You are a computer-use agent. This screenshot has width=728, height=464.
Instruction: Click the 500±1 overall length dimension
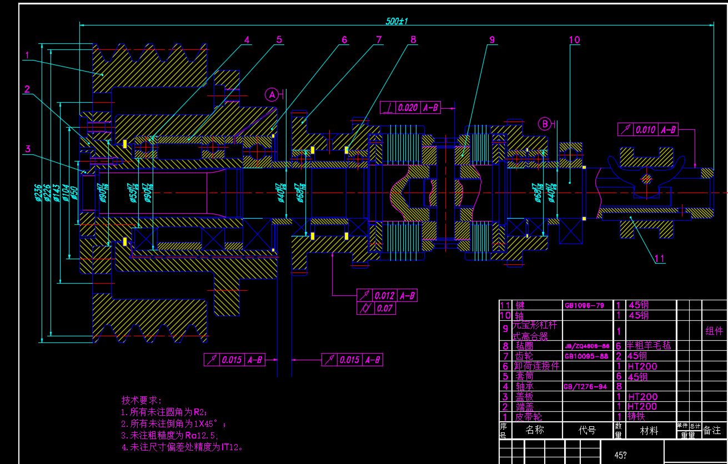[396, 21]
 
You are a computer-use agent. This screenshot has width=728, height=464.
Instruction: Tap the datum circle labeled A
[272, 95]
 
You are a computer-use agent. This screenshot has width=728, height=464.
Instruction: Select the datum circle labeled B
[545, 124]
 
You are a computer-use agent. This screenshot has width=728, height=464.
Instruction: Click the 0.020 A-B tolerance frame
[410, 108]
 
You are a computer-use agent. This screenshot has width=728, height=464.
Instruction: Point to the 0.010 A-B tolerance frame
[647, 130]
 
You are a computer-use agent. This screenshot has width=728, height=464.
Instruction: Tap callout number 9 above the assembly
[491, 39]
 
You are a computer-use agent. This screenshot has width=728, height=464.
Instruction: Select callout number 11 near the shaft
[660, 258]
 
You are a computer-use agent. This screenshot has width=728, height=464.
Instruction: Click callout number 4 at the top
[247, 39]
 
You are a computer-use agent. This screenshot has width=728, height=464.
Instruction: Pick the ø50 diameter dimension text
[75, 191]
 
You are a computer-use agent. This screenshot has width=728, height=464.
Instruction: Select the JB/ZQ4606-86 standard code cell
[587, 346]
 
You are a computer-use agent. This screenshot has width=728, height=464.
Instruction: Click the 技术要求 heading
[142, 400]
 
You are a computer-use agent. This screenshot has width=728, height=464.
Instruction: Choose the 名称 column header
[535, 430]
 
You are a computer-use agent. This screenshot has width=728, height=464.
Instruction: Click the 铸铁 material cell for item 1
[636, 417]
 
